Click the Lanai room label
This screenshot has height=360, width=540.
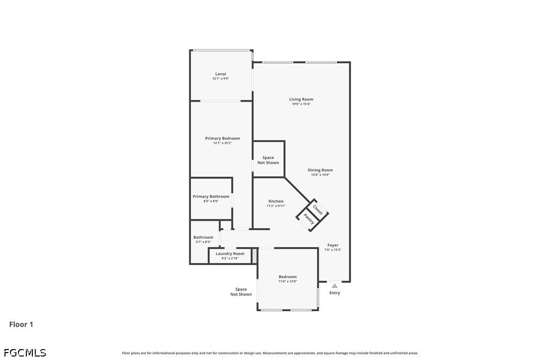click(x=221, y=74)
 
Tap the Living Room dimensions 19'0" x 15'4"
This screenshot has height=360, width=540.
click(x=301, y=104)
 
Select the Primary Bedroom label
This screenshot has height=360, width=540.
click(x=222, y=139)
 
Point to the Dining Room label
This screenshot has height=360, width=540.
click(x=320, y=170)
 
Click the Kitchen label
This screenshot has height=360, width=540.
click(x=276, y=201)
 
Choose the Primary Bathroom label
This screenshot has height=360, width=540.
click(x=211, y=196)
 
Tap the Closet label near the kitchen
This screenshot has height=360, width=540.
click(x=318, y=210)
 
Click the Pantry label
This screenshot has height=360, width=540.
click(x=309, y=219)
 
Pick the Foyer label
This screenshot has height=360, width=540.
click(x=333, y=245)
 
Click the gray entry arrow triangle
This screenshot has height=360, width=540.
click(x=335, y=285)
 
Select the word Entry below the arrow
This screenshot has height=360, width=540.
click(x=335, y=293)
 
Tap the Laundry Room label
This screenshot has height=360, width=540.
click(x=230, y=254)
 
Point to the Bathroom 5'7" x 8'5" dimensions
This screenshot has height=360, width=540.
click(x=203, y=242)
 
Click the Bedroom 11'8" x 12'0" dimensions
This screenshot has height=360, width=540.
click(x=287, y=281)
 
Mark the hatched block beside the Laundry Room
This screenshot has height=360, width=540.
click(x=255, y=256)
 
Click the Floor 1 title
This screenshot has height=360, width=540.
click(x=21, y=324)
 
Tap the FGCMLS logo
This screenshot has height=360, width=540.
click(x=25, y=353)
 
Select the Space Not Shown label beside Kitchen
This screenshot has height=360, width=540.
click(x=269, y=160)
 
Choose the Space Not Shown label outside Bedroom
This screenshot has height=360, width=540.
click(x=241, y=292)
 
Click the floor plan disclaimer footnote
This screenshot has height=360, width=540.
click(x=270, y=353)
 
